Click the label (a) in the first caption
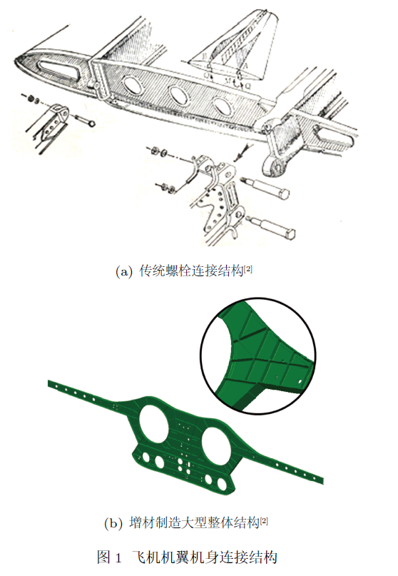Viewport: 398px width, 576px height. click(x=123, y=272)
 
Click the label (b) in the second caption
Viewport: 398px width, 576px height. click(x=113, y=523)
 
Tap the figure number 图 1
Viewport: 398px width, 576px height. click(x=109, y=557)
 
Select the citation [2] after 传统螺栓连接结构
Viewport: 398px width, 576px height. click(x=248, y=269)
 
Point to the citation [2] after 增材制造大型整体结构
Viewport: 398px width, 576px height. click(x=264, y=520)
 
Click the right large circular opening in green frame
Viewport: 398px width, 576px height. click(x=216, y=444)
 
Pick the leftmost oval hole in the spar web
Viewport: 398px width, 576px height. click(x=133, y=84)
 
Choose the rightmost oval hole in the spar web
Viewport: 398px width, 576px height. click(x=223, y=106)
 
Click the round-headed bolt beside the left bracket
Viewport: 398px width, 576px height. click(x=85, y=121)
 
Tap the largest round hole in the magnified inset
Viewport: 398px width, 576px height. click(x=300, y=382)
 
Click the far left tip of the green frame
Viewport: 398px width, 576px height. click(x=48, y=383)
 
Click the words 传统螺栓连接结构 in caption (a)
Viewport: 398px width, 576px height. click(x=191, y=272)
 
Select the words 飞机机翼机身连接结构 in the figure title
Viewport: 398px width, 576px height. click(x=204, y=557)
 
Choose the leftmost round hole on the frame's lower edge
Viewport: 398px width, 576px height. click(x=146, y=458)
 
